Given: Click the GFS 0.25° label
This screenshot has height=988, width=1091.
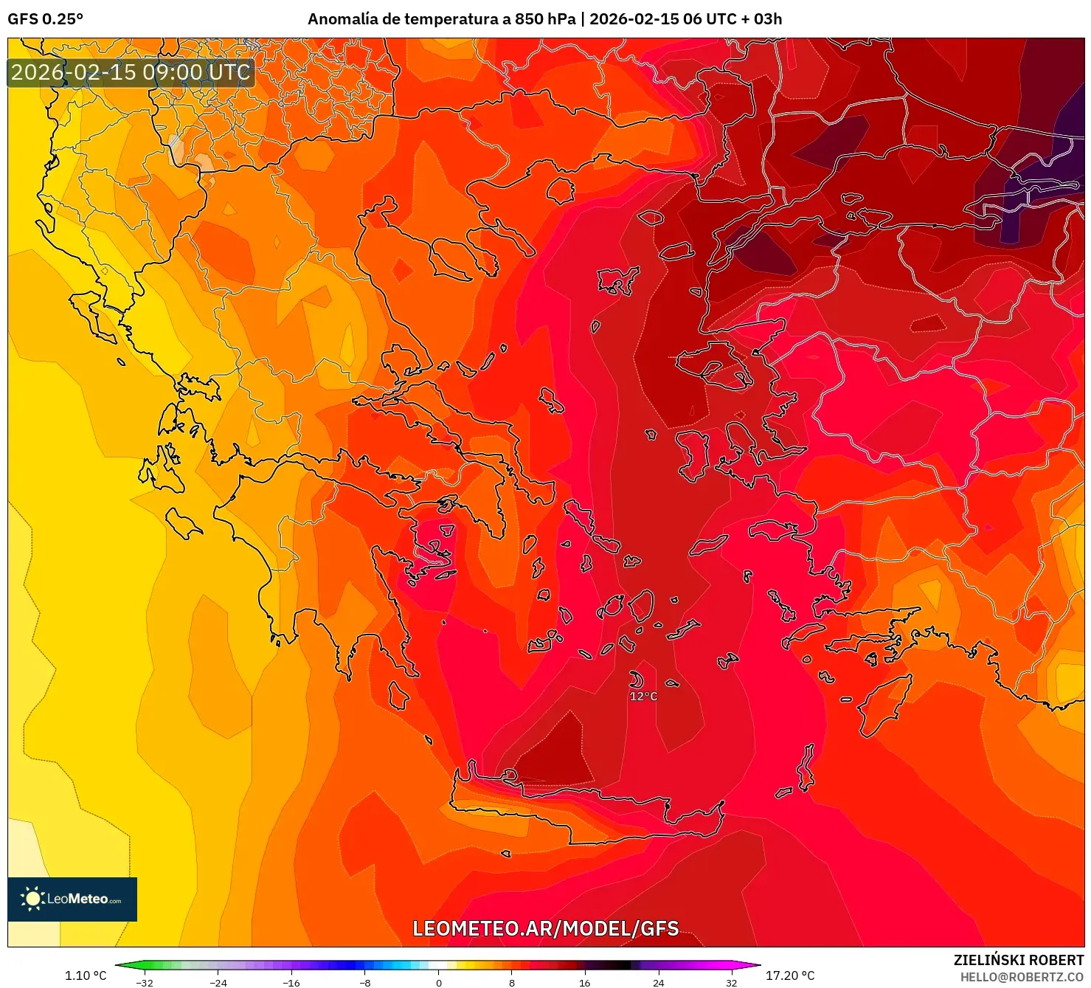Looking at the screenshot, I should pyautogui.click(x=45, y=19).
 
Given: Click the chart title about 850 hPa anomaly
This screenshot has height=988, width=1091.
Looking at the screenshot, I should pyautogui.click(x=544, y=19).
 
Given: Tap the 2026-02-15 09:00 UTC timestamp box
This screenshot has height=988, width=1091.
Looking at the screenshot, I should pyautogui.click(x=131, y=72).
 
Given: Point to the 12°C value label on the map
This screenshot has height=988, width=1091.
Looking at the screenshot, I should pyautogui.click(x=643, y=696).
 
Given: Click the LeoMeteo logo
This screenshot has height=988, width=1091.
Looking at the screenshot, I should pyautogui.click(x=72, y=899).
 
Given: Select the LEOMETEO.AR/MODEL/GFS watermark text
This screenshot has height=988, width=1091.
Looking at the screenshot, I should pyautogui.click(x=545, y=928).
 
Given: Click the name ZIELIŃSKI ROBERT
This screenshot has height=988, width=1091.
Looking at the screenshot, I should pyautogui.click(x=1019, y=960).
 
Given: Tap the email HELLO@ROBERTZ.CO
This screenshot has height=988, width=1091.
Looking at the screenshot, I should pyautogui.click(x=1022, y=976).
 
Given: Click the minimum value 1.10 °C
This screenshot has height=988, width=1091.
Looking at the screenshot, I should pyautogui.click(x=86, y=975).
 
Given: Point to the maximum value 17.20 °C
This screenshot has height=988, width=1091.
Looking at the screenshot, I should pyautogui.click(x=790, y=975).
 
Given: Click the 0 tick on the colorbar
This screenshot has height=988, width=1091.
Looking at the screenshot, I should pyautogui.click(x=439, y=982).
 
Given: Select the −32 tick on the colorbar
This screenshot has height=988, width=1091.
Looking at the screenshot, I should pyautogui.click(x=145, y=982).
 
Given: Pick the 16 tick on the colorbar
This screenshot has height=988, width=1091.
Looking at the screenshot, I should pyautogui.click(x=585, y=982).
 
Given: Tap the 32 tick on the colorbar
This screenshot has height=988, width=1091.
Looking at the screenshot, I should pyautogui.click(x=731, y=982).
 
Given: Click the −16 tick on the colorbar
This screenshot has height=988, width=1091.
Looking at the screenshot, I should pyautogui.click(x=291, y=982).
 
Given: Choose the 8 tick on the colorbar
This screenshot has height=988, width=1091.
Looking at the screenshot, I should pyautogui.click(x=512, y=982).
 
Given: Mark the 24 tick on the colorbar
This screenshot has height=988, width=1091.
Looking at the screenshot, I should pyautogui.click(x=658, y=982).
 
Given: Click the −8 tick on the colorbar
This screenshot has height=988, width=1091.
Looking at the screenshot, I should pyautogui.click(x=365, y=982).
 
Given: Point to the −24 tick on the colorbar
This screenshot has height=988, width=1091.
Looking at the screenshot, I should pyautogui.click(x=218, y=982).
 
